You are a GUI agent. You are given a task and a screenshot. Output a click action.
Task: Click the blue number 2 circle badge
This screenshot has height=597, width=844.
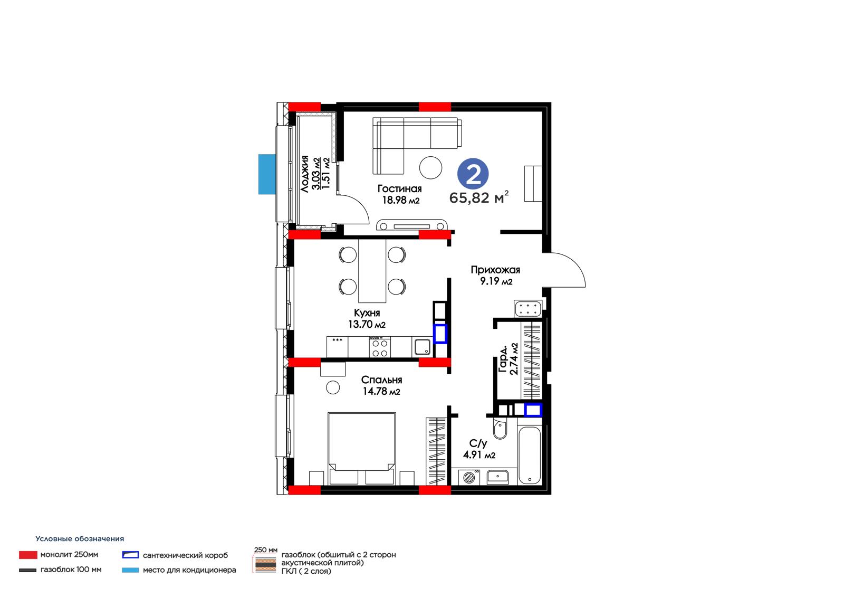473,174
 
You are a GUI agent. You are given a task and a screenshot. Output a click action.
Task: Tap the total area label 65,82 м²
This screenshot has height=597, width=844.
479,197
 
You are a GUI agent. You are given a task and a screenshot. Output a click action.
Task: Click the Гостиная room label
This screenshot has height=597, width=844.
399,188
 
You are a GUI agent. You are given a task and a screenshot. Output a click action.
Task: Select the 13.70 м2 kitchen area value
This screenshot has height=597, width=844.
367,324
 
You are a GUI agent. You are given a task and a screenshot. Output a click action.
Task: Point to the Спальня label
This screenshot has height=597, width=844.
381,380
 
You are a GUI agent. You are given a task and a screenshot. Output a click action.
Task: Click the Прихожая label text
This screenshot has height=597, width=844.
495,270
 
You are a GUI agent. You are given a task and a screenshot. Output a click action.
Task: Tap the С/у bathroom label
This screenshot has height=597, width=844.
478,443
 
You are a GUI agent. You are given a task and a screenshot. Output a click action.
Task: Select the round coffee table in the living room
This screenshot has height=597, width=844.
430,168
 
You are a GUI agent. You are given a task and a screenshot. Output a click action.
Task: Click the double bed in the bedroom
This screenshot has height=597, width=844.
362,449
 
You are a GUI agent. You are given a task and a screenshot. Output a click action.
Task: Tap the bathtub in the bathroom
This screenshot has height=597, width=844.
530,455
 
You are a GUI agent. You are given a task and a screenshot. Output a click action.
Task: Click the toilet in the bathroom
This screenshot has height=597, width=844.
500,429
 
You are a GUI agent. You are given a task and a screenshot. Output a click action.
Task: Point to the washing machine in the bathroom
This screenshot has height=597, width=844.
469,478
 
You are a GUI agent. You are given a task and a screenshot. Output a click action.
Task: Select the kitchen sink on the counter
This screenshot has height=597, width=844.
423,347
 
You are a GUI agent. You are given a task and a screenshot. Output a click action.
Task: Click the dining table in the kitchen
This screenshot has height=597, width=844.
372,271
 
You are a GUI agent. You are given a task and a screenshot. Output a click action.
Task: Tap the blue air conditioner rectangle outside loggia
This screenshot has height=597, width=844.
267,174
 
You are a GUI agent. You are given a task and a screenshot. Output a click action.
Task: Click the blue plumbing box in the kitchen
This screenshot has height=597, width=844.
440,334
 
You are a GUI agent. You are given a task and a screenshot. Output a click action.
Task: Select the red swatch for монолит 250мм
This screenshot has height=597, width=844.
28,555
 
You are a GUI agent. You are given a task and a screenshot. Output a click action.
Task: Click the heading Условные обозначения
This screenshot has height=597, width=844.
80,539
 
